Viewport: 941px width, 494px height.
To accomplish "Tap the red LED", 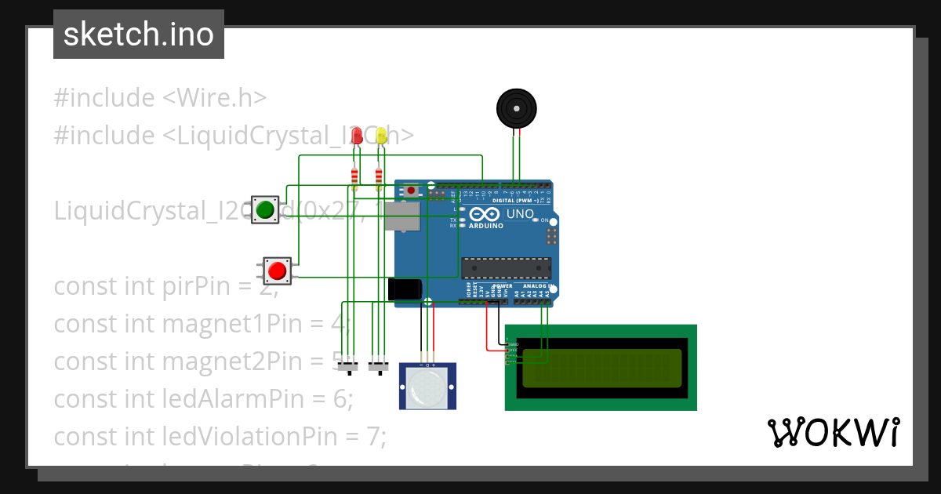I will point(357,136).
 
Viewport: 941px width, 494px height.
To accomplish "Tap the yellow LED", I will point(381,136).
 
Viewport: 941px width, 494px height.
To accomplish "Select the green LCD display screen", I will point(601,368).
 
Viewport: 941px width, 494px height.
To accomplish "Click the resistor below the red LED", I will point(355,175).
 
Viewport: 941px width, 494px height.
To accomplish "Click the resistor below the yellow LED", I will point(380,175).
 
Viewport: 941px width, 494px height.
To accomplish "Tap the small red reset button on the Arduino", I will point(411,190).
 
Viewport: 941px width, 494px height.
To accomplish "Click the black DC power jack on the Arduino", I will point(405,289).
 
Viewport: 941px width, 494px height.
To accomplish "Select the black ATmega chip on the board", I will point(506,268).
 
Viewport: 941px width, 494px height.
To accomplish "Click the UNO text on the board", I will point(521,213).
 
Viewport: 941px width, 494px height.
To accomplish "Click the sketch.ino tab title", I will point(139,35).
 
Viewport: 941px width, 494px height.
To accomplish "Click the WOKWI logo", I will point(833,432).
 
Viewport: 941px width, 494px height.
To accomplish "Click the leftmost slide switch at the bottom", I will point(347,367).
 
